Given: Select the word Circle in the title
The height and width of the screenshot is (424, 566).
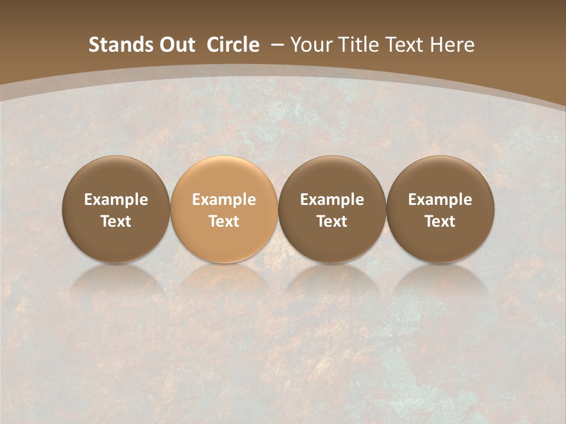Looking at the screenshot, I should (233, 45).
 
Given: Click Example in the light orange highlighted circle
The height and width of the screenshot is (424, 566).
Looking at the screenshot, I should (224, 200).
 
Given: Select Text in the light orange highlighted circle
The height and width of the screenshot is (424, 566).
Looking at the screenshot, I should (224, 221).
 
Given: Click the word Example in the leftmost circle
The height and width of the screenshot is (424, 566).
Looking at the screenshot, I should (116, 200).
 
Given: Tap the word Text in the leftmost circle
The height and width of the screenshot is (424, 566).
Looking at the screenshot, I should (116, 221).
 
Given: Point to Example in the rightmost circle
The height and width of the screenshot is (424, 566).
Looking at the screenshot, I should (440, 200).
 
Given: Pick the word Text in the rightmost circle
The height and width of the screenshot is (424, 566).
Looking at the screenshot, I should (440, 221).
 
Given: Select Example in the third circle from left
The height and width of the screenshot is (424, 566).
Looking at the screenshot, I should (332, 200).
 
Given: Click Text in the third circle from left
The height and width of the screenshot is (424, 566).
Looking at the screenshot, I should (332, 221).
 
